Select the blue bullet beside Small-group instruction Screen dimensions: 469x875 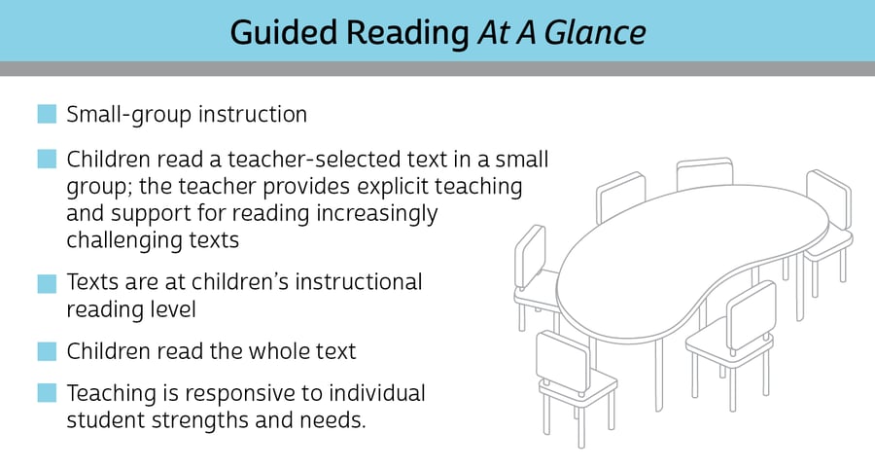tap(47, 114)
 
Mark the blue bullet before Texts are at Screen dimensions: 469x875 tap(47, 283)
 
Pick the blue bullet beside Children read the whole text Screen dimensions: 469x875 tap(47, 351)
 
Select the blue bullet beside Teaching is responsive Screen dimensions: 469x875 tap(47, 394)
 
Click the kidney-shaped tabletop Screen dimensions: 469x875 tap(681, 253)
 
